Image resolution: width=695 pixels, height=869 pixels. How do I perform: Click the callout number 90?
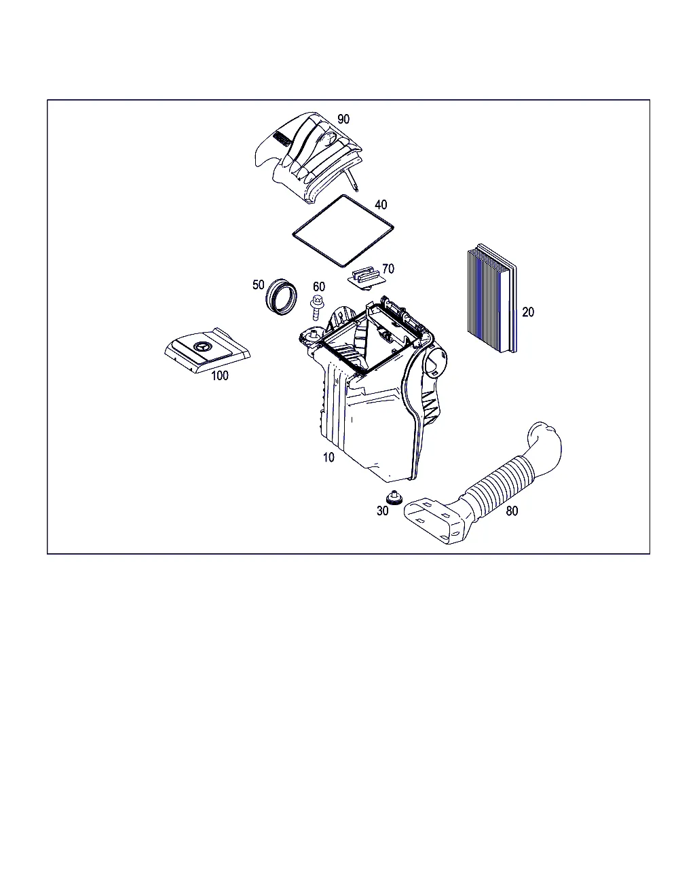(343, 119)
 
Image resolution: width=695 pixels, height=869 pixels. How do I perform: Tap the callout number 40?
(381, 205)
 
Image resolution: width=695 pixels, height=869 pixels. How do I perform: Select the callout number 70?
(388, 269)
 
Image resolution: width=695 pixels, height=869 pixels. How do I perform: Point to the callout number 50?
(258, 284)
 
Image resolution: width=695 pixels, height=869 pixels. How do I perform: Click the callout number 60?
(318, 286)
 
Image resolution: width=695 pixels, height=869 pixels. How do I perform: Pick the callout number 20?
(528, 312)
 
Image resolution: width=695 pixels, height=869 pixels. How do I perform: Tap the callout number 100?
(220, 375)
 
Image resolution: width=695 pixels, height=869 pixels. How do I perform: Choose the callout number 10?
(328, 457)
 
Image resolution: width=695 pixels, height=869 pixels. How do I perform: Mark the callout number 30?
(382, 511)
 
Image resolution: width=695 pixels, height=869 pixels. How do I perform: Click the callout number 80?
(512, 511)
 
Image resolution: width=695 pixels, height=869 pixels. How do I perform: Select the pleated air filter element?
(492, 298)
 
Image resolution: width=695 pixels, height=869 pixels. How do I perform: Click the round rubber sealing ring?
(282, 297)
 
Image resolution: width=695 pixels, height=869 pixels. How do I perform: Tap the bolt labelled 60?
(316, 308)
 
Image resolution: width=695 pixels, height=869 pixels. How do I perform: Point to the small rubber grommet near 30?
(394, 498)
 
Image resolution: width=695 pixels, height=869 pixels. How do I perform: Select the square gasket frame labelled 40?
(343, 231)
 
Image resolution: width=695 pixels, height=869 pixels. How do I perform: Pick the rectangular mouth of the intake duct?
(434, 521)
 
